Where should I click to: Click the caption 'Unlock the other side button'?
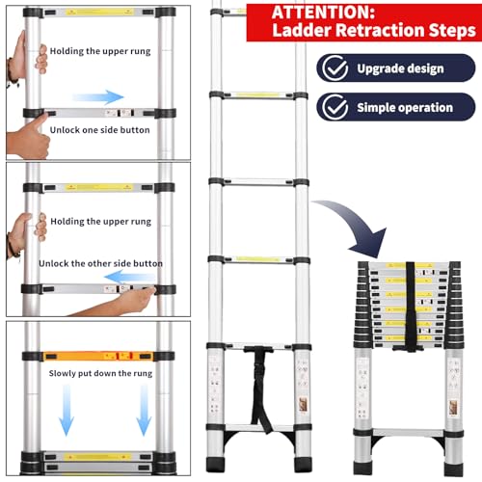pos(100,263)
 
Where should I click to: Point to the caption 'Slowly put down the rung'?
pos(100,371)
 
